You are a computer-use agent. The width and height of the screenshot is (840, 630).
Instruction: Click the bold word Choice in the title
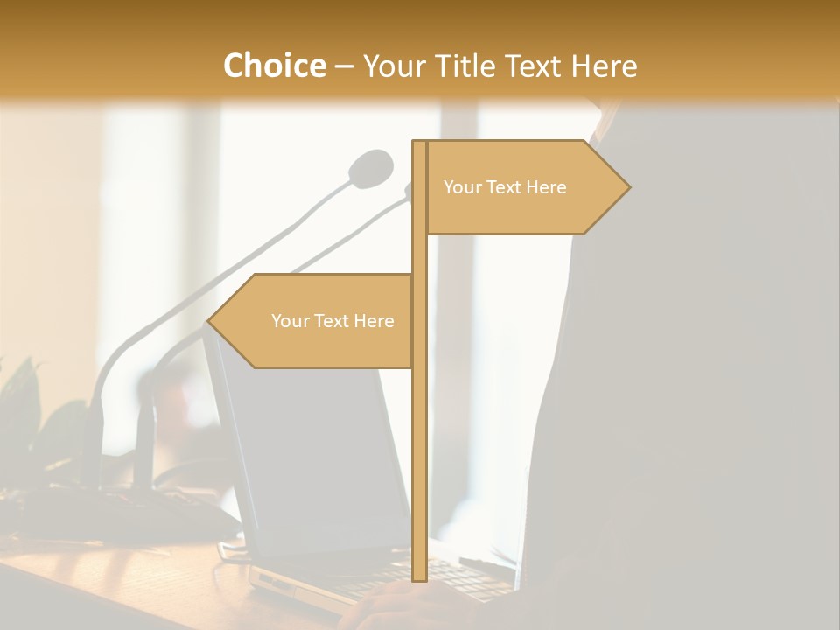click(274, 66)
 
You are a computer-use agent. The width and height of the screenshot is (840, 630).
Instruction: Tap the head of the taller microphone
click(371, 167)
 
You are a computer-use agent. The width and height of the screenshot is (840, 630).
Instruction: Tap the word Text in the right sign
click(506, 187)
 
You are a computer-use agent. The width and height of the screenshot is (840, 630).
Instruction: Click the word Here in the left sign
click(374, 321)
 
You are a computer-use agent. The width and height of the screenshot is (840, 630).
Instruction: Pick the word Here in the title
click(605, 66)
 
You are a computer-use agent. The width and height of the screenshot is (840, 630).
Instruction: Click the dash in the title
click(344, 66)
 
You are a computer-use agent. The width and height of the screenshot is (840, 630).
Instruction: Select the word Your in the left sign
click(290, 321)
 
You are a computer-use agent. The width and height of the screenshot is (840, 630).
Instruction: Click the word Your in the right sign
click(462, 187)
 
